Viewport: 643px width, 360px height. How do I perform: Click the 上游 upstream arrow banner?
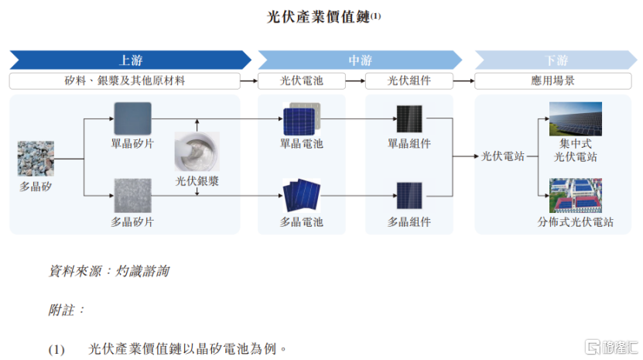131,60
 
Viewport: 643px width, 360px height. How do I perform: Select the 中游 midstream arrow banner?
360,60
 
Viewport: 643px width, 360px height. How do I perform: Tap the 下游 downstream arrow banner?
556,60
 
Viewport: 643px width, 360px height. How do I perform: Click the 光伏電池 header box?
302,81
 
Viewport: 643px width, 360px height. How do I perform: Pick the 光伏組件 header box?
409,81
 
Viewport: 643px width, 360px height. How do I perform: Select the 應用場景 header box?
552,81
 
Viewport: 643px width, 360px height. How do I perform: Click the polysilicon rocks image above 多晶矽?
36,159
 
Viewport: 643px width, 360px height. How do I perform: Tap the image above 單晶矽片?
132,118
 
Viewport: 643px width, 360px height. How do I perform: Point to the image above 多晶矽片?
132,195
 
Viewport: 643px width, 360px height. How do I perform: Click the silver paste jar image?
197,152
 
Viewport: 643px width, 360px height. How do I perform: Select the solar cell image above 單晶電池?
302,118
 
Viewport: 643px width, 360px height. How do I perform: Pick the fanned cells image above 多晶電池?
302,194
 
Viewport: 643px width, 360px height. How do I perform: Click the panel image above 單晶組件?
409,119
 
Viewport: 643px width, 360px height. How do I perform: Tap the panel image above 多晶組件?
409,196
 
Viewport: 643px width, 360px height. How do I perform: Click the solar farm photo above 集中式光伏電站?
576,118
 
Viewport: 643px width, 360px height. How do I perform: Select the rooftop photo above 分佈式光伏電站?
576,195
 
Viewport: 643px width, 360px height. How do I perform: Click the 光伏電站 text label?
502,156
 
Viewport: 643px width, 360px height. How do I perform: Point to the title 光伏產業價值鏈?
319,17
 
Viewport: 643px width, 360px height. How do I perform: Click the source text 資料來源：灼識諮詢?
108,271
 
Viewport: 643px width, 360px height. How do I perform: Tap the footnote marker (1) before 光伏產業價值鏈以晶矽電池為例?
56,350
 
